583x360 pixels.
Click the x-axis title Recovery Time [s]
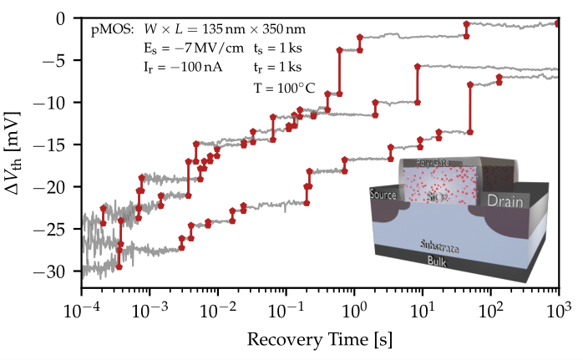click(319, 341)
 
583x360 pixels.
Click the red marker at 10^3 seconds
click(557, 23)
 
